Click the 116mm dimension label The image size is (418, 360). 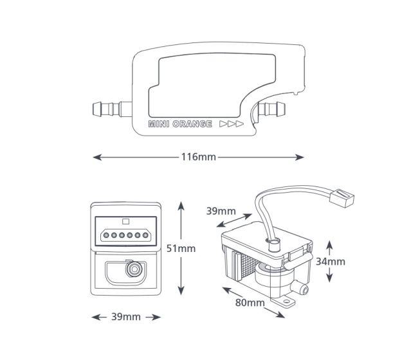(199, 157)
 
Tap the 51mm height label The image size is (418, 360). (181, 248)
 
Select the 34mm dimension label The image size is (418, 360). (331, 262)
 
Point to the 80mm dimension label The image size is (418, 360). (250, 302)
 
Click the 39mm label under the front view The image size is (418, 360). (126, 316)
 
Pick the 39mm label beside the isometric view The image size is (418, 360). (221, 211)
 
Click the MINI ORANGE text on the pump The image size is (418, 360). (180, 124)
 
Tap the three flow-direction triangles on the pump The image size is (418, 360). (232, 124)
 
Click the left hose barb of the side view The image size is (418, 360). (113, 109)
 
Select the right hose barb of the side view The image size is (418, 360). (271, 109)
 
